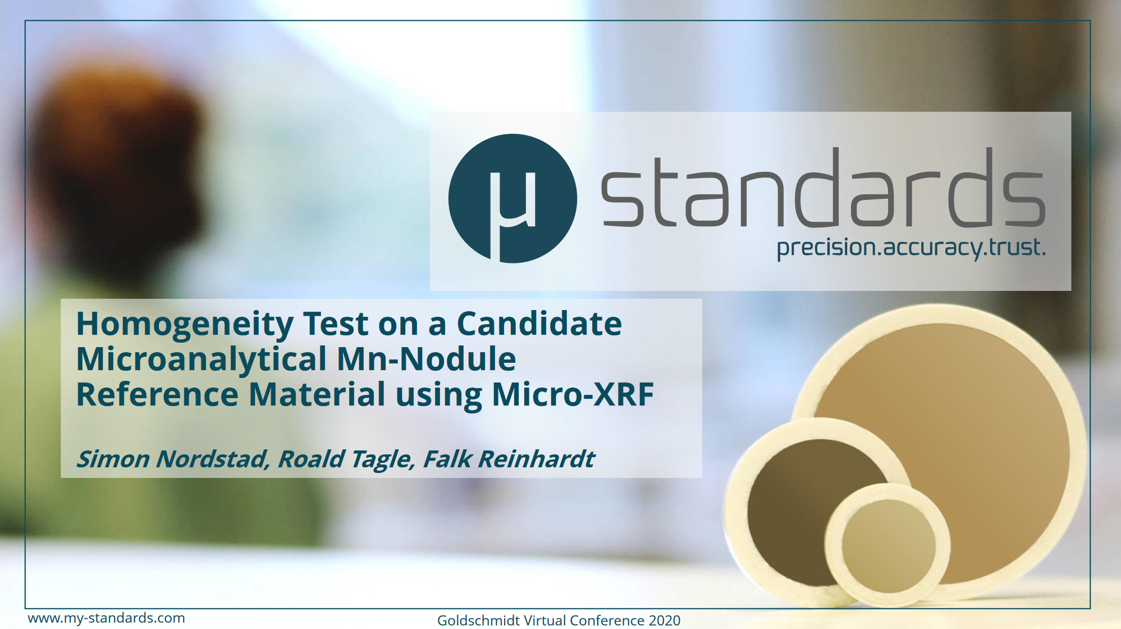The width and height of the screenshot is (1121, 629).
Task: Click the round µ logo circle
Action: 513,198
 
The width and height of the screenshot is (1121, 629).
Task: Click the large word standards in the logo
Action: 823,188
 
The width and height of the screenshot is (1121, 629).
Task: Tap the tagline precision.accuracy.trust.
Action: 911,248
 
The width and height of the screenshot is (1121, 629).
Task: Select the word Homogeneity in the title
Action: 185,325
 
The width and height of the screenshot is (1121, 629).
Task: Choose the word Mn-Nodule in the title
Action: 427,359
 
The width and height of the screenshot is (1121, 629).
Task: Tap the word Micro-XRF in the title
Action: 573,394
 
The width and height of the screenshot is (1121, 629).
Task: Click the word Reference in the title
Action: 157,394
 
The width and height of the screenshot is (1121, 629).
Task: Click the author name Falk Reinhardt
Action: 509,459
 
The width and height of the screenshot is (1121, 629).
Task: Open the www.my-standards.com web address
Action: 106,618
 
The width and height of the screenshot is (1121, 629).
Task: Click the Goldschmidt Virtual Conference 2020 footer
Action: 559,621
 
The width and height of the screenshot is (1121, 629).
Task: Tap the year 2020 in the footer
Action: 665,621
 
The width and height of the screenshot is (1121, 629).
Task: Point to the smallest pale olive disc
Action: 888,544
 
